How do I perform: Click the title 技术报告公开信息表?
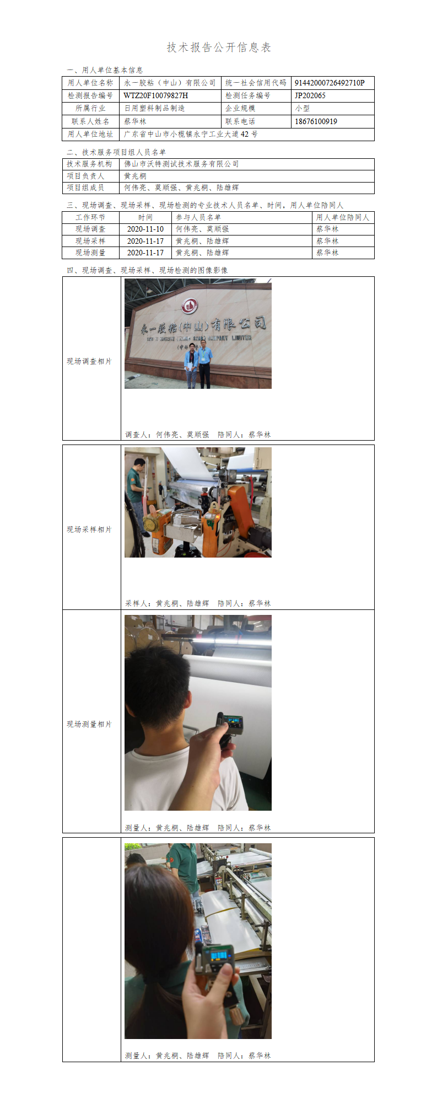click(x=219, y=47)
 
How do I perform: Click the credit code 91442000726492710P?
click(x=330, y=83)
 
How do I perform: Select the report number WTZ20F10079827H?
click(x=155, y=95)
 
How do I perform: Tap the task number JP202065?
click(x=310, y=95)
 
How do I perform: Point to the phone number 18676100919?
click(x=316, y=121)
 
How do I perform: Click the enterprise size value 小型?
click(x=303, y=109)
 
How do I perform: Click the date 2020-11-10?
click(x=145, y=229)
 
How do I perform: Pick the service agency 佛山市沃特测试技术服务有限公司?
click(x=181, y=164)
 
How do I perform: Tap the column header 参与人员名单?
click(x=198, y=217)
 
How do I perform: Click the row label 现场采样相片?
click(x=89, y=529)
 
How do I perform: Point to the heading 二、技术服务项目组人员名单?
click(x=116, y=152)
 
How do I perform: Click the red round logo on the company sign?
click(x=190, y=305)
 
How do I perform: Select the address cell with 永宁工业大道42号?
click(x=191, y=134)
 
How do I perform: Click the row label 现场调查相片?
click(x=89, y=361)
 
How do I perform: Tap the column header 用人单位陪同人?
click(x=343, y=217)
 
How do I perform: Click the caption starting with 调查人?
click(x=198, y=435)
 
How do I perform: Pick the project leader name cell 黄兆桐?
click(x=135, y=176)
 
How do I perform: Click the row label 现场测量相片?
click(x=89, y=724)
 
